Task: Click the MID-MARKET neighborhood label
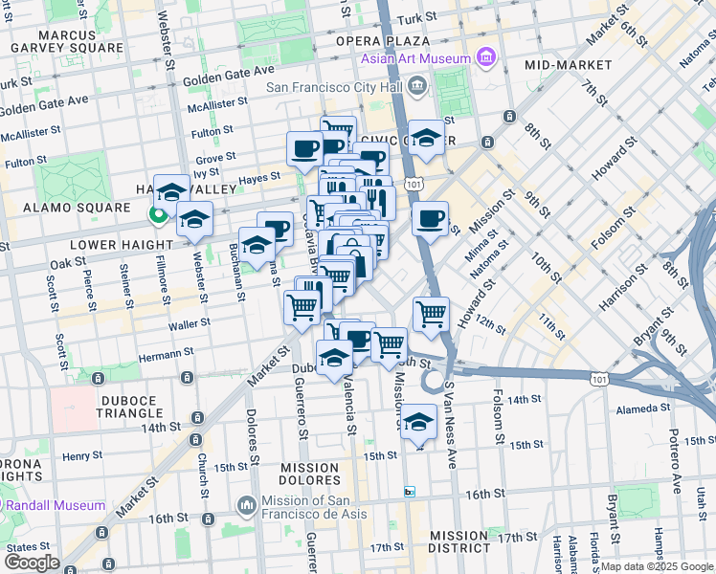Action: pyautogui.click(x=568, y=64)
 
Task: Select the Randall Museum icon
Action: pyautogui.click(x=10, y=505)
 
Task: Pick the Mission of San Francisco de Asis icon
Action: pyautogui.click(x=247, y=503)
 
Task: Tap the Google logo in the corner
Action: pyautogui.click(x=32, y=562)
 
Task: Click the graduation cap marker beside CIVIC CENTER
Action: pyautogui.click(x=426, y=137)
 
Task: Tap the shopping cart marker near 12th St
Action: pyautogui.click(x=432, y=313)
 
